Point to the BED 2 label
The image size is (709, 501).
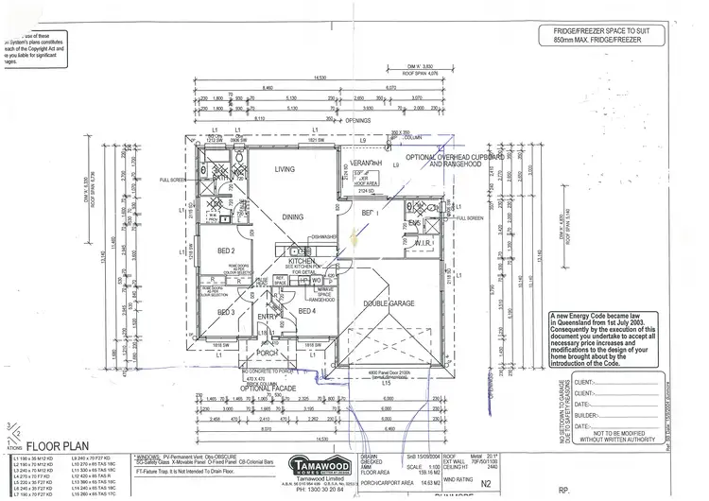[226, 250]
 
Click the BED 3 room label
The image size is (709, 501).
[226, 311]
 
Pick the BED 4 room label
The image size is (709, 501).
[305, 310]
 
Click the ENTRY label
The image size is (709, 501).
[265, 317]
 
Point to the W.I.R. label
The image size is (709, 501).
[424, 243]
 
